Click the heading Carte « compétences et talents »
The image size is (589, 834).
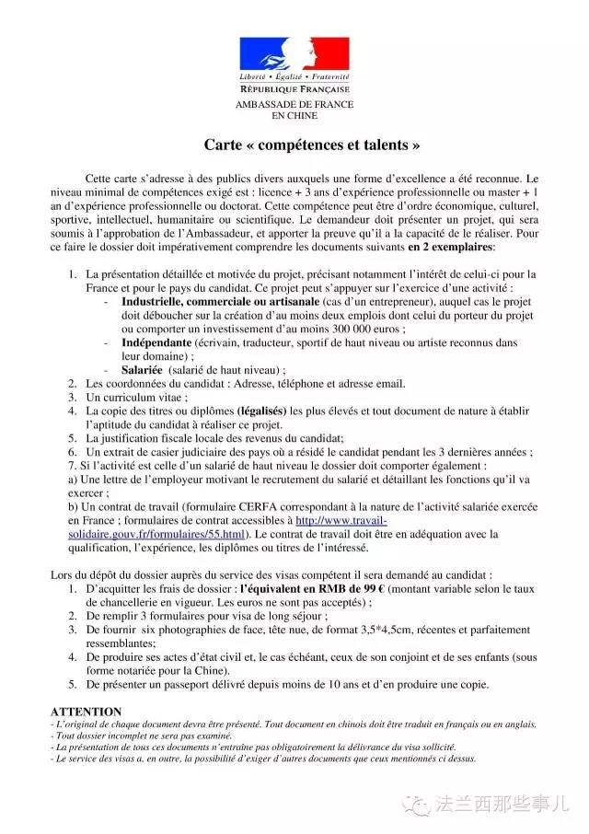click(x=294, y=145)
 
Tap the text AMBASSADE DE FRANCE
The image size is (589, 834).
click(x=294, y=106)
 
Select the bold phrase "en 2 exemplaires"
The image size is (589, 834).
click(x=450, y=248)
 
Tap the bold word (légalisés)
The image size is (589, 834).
click(x=261, y=410)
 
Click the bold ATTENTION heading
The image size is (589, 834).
click(x=86, y=712)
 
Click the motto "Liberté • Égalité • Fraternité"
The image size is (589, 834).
click(x=294, y=77)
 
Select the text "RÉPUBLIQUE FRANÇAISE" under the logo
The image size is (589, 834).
click(x=294, y=89)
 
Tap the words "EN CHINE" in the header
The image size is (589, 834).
click(x=294, y=116)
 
